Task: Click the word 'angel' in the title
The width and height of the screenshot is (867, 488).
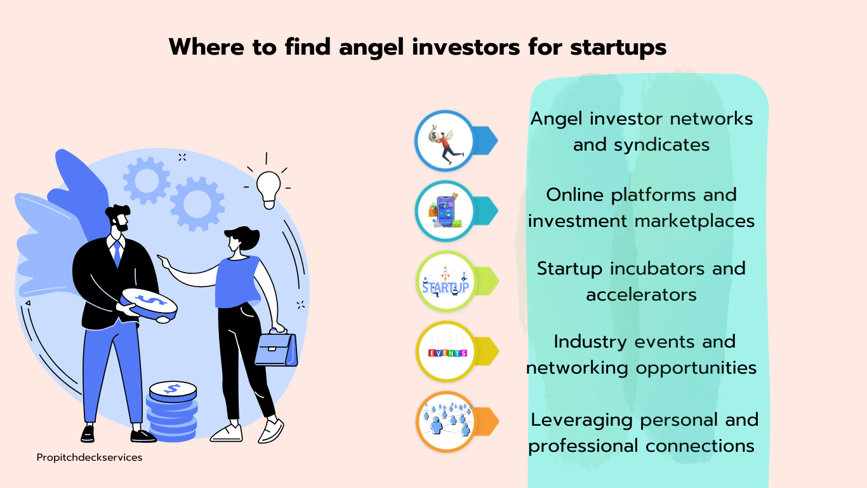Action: [x=371, y=48]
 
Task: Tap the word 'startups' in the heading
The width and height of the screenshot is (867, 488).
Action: [x=618, y=48]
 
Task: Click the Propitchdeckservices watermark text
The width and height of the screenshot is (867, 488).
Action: [x=89, y=457]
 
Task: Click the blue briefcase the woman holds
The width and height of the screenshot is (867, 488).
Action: [x=276, y=348]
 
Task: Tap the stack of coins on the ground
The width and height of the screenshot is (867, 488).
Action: [x=172, y=411]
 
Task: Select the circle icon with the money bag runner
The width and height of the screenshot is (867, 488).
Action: [x=445, y=140]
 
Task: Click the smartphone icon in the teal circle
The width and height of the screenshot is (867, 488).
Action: [x=445, y=211]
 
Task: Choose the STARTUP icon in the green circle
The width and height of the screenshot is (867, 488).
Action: [x=446, y=281]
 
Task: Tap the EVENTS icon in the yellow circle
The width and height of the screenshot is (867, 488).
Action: [x=447, y=353]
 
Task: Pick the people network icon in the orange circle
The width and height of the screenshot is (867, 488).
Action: [x=446, y=422]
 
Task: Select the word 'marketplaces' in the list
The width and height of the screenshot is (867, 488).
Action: [x=694, y=221]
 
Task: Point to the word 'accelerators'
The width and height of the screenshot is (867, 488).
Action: [x=641, y=295]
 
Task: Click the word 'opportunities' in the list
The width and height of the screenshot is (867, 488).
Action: [x=696, y=368]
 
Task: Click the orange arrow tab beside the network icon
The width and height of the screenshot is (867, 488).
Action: [x=486, y=422]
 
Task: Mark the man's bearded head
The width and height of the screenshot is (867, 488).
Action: [x=118, y=219]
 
